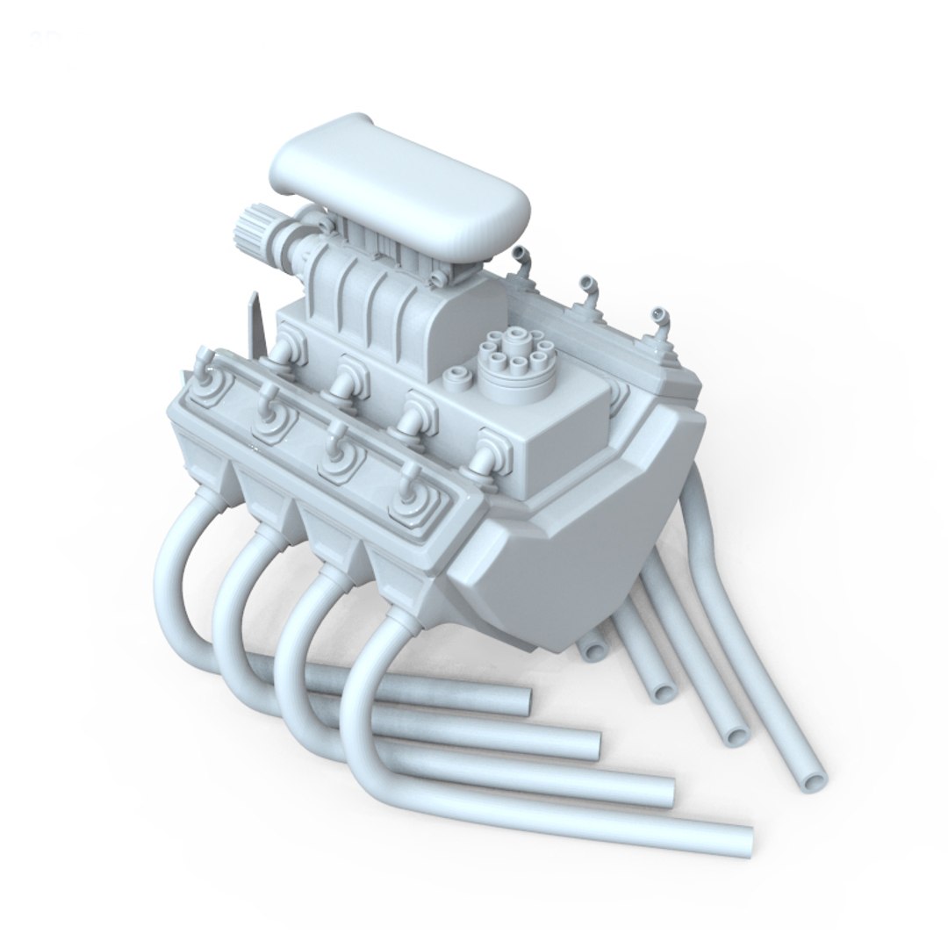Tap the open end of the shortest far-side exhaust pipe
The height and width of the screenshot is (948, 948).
593,650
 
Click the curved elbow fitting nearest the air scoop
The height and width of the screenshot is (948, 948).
523,260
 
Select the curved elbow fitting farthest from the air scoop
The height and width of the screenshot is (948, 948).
658,320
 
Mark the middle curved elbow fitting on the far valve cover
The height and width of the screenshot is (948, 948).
587,290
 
